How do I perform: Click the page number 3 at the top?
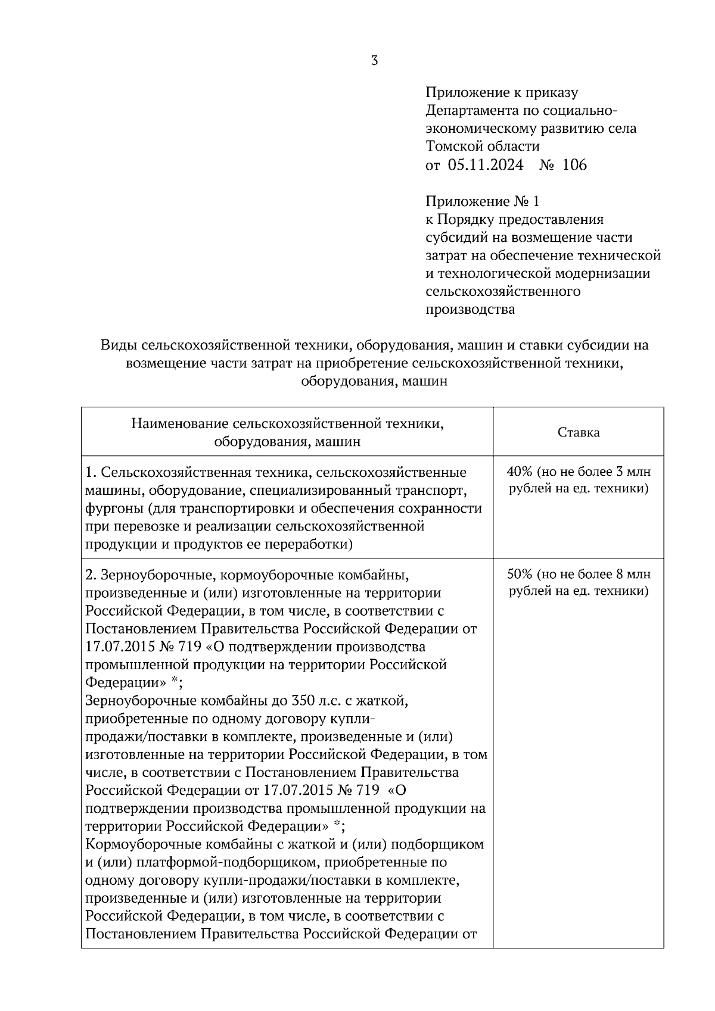[x=374, y=61]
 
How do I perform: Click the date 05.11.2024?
[x=486, y=165]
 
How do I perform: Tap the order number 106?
[x=574, y=165]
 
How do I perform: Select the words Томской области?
[x=483, y=146]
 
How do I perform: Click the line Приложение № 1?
[x=483, y=201]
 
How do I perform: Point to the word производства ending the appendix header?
[x=471, y=310]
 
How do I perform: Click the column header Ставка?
[x=579, y=432]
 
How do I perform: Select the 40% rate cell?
[x=579, y=480]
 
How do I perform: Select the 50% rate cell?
[x=579, y=583]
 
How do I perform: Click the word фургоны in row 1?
[x=113, y=509]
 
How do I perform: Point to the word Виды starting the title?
[x=117, y=345]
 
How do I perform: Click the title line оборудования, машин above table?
[x=374, y=382]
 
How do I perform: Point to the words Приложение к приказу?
[x=502, y=93]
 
